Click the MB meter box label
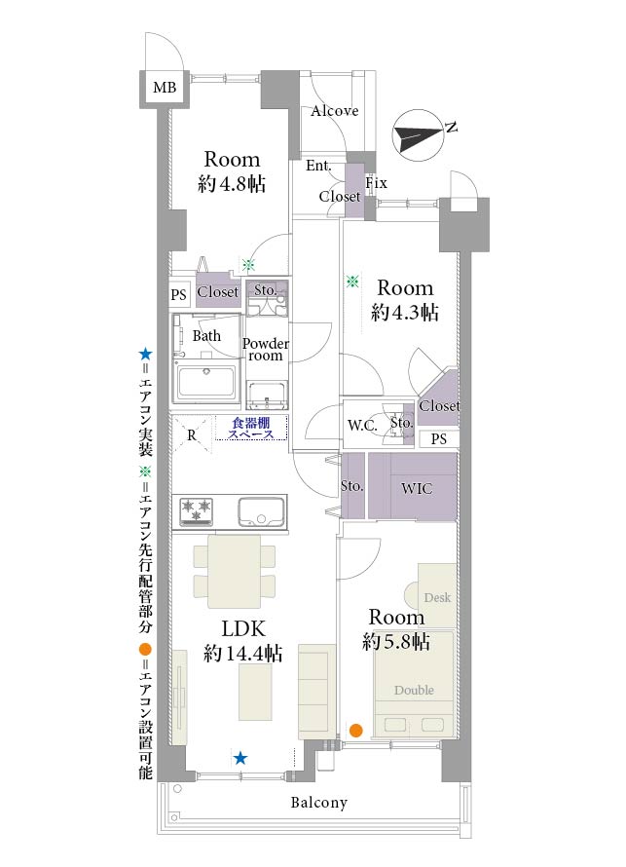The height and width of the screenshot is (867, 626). click(165, 88)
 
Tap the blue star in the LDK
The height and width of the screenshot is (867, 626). click(240, 758)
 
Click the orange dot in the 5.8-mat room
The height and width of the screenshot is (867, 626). click(356, 731)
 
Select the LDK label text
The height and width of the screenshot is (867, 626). click(243, 628)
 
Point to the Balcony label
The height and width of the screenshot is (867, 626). click(318, 803)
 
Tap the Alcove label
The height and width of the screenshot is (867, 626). click(335, 111)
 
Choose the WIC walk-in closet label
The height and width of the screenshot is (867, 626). click(417, 488)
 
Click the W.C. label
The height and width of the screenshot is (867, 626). click(362, 426)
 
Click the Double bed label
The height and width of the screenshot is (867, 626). click(414, 690)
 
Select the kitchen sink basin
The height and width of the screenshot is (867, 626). click(261, 511)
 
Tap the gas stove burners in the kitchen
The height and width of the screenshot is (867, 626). click(196, 510)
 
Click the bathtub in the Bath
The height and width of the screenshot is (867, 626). click(206, 382)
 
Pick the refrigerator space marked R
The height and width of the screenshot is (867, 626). click(191, 434)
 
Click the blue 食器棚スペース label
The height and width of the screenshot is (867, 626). click(251, 429)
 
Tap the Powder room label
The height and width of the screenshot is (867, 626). click(265, 350)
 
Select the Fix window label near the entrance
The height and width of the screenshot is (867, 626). click(376, 183)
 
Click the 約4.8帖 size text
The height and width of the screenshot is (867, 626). click(232, 183)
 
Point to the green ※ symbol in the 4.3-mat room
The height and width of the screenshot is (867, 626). click(352, 282)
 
